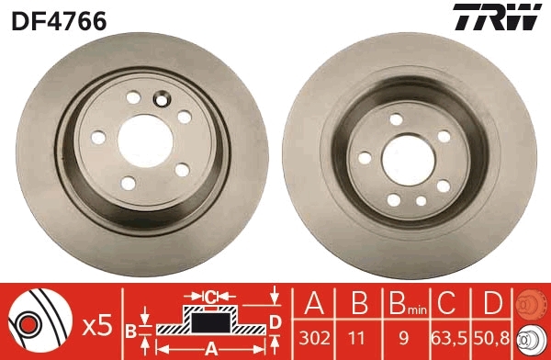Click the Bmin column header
pos(404,302)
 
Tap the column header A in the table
pos(316,301)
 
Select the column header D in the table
pos(492,301)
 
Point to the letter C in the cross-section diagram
pos(209,297)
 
